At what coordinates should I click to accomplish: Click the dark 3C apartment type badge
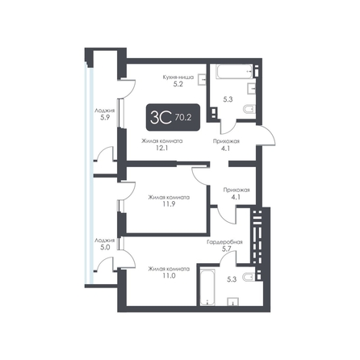click(x=173, y=117)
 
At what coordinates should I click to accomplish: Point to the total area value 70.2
click(x=183, y=117)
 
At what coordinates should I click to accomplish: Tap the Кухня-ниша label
click(x=178, y=77)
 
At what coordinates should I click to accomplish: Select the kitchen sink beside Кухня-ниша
click(x=202, y=79)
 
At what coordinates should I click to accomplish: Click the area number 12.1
click(x=162, y=148)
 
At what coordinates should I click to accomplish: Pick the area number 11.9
click(x=169, y=204)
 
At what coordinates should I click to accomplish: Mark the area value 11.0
click(x=169, y=276)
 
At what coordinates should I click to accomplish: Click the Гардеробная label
click(x=224, y=242)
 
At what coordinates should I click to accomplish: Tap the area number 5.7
click(x=227, y=249)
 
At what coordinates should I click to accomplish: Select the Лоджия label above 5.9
click(x=105, y=111)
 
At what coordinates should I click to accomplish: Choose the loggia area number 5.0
click(x=105, y=247)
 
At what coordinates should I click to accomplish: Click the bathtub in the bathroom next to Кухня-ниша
click(x=234, y=71)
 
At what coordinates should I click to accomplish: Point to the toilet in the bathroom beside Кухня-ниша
click(x=249, y=109)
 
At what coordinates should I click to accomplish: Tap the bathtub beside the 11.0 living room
click(x=207, y=287)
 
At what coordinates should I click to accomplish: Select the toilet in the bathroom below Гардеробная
click(x=249, y=277)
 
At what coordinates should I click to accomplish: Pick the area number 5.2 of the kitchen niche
click(x=178, y=84)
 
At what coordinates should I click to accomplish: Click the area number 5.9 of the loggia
click(x=105, y=117)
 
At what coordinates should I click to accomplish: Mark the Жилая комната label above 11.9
click(x=169, y=198)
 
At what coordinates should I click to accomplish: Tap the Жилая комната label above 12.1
click(x=162, y=141)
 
